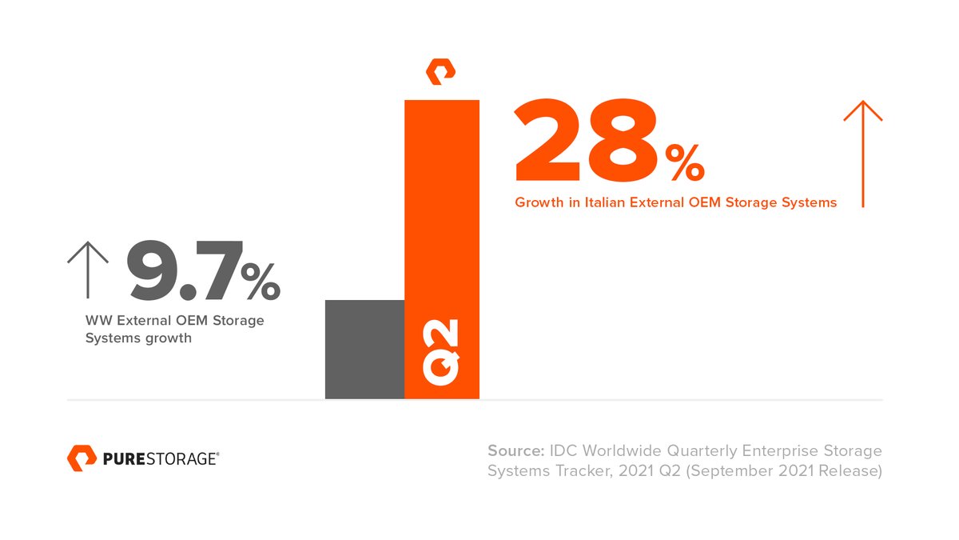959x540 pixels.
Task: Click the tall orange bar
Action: coord(442,208)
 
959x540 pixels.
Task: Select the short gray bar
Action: coord(364,349)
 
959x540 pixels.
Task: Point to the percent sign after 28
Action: coord(684,162)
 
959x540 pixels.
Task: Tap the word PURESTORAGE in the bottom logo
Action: coord(161,458)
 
